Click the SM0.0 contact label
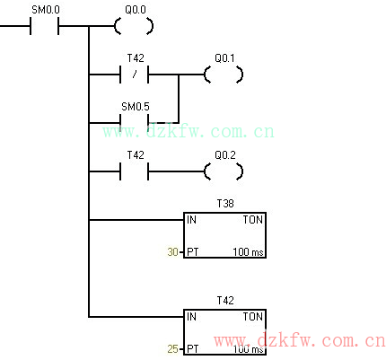tap(46, 10)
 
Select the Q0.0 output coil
tap(134, 26)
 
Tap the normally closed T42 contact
tap(134, 75)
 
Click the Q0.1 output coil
tap(224, 75)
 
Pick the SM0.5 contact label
tap(136, 107)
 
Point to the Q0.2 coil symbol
tap(224, 171)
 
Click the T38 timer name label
tap(225, 204)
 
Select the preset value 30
tap(173, 252)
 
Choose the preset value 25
tap(173, 349)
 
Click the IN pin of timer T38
tap(191, 220)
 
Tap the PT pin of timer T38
tap(192, 252)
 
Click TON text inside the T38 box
tap(253, 220)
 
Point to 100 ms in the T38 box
tap(248, 252)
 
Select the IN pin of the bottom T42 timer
tap(191, 317)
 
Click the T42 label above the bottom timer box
tap(225, 301)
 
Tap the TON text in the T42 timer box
tap(253, 317)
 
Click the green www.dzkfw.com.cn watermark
tap(189, 132)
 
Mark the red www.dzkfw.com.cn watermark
tap(300, 340)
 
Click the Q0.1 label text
tap(224, 58)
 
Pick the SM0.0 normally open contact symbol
tap(44, 26)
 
